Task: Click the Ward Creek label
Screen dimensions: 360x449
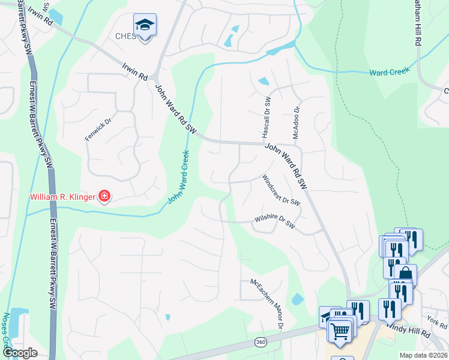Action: [390, 71]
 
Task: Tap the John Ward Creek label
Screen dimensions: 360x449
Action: [178, 176]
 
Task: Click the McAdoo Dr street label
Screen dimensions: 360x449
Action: [296, 122]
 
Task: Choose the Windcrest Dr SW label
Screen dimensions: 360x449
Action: [281, 191]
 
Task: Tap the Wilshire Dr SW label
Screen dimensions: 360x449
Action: [276, 221]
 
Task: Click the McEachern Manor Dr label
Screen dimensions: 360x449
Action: [266, 302]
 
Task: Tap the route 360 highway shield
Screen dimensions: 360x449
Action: [261, 342]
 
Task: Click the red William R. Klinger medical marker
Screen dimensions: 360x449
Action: [104, 196]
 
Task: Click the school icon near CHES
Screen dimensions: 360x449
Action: [145, 25]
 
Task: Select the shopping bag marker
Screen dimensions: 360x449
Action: [406, 275]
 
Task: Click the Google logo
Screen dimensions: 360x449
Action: [20, 353]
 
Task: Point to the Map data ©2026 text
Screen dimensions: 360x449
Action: [423, 355]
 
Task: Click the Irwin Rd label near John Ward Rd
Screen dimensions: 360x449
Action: [134, 73]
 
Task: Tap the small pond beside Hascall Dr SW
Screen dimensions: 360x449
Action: [264, 81]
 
